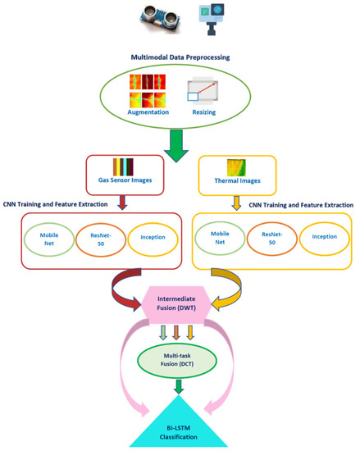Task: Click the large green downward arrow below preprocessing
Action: point(179,146)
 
